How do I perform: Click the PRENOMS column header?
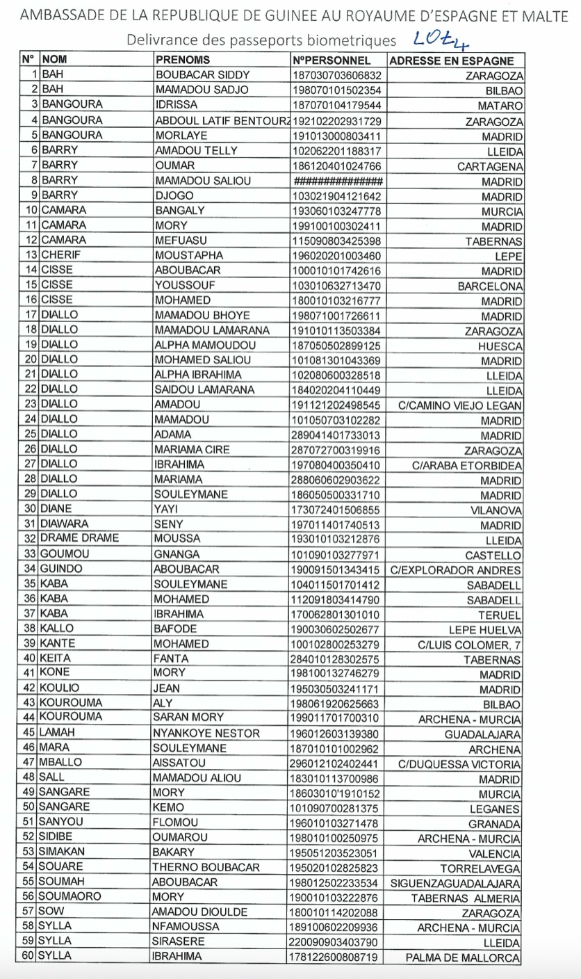(x=182, y=60)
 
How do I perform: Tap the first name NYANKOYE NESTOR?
(x=207, y=734)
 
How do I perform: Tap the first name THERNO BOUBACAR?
(x=206, y=868)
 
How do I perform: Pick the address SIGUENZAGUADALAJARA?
(x=457, y=883)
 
